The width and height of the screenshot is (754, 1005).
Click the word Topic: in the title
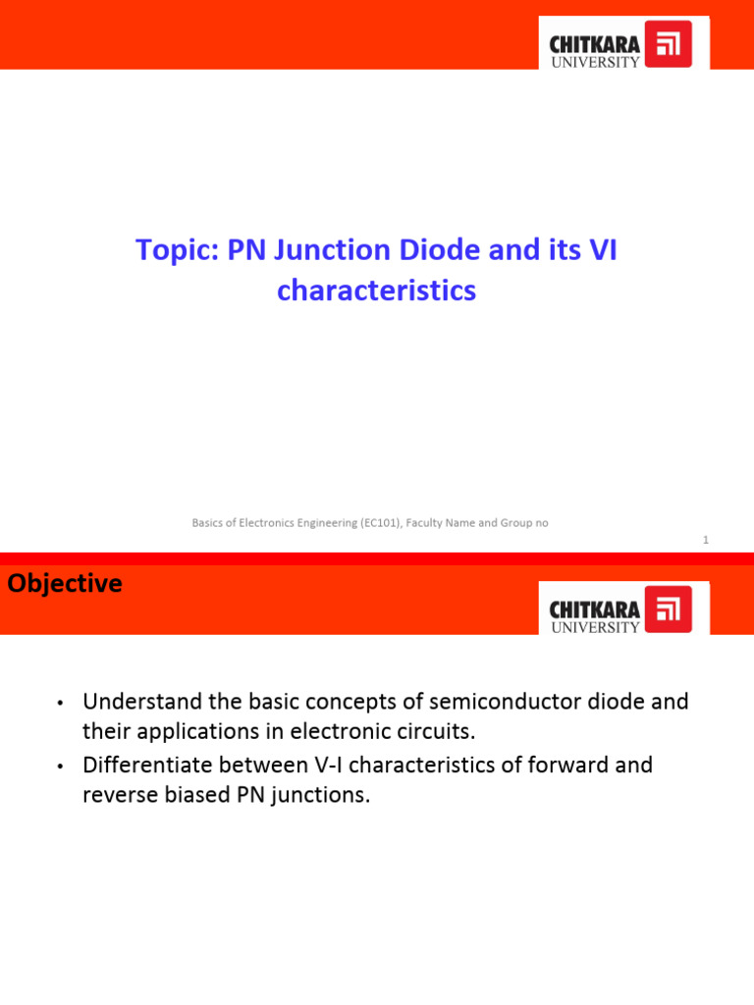tap(177, 251)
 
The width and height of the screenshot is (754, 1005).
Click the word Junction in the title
tap(330, 251)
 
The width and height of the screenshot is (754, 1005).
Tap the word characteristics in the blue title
tap(376, 291)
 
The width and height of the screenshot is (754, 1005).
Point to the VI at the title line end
tap(601, 251)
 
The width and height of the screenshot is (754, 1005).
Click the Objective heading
tap(65, 584)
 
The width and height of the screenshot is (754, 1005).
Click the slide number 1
tap(705, 540)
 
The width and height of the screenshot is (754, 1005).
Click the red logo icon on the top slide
tap(675, 44)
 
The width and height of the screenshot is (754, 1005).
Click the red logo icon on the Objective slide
tap(675, 609)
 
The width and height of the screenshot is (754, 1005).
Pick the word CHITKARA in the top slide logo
tap(595, 44)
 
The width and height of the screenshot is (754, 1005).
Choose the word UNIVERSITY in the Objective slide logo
tap(595, 627)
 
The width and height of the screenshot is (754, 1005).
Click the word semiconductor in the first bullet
tap(491, 703)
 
